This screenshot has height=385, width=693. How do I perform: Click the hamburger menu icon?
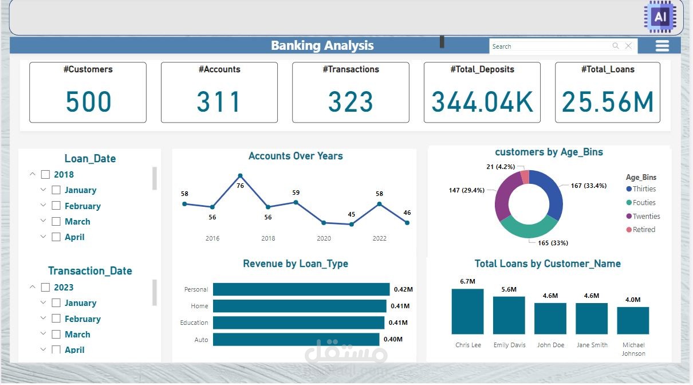tap(662, 46)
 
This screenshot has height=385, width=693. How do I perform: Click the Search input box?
tap(550, 46)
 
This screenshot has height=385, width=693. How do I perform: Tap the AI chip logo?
tap(660, 17)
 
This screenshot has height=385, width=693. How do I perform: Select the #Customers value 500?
tap(88, 102)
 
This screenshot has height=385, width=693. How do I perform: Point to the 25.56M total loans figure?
tap(607, 102)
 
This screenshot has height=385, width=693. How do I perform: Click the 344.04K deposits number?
tap(482, 102)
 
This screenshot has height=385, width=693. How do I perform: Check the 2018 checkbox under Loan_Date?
tap(45, 175)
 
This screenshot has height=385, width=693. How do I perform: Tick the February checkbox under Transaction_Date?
tap(56, 319)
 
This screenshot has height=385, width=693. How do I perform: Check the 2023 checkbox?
tap(45, 288)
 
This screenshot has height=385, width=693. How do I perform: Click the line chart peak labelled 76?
tap(240, 176)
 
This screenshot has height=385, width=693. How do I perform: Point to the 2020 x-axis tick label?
tap(324, 238)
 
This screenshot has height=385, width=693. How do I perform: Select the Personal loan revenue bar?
tap(301, 289)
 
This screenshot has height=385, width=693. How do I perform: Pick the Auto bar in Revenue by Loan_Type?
tap(296, 339)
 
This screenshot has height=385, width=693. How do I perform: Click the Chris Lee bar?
tap(467, 311)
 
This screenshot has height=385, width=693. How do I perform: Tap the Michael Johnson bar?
tap(633, 320)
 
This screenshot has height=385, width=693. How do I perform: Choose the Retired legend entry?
tap(643, 230)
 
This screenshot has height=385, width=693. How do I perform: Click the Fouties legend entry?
tap(644, 203)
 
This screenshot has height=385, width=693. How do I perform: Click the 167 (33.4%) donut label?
tap(588, 186)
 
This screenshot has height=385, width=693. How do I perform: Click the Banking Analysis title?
tap(322, 46)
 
